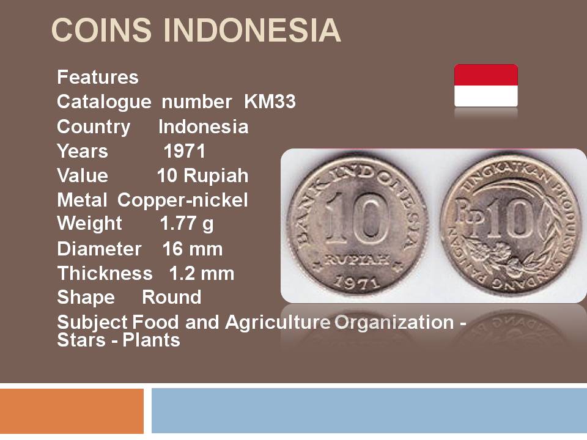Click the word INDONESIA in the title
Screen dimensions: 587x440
(252, 30)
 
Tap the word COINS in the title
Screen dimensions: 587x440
(102, 30)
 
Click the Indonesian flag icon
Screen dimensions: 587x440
(486, 86)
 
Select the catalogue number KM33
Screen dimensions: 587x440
(270, 102)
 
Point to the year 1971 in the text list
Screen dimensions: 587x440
(185, 151)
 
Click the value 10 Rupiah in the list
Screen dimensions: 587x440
(202, 175)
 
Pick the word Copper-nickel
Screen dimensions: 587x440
(182, 200)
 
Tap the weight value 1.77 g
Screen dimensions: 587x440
(187, 224)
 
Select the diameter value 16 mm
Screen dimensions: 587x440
(193, 249)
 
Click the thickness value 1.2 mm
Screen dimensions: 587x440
(202, 273)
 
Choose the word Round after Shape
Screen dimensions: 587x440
(171, 298)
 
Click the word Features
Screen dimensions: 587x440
(98, 77)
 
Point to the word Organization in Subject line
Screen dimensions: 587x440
(394, 323)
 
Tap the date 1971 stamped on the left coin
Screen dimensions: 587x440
(356, 283)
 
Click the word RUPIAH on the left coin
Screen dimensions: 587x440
(357, 260)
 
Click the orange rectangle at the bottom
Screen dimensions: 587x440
(72, 411)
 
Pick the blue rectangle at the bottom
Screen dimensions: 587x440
(369, 411)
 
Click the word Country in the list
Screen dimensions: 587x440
(94, 127)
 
